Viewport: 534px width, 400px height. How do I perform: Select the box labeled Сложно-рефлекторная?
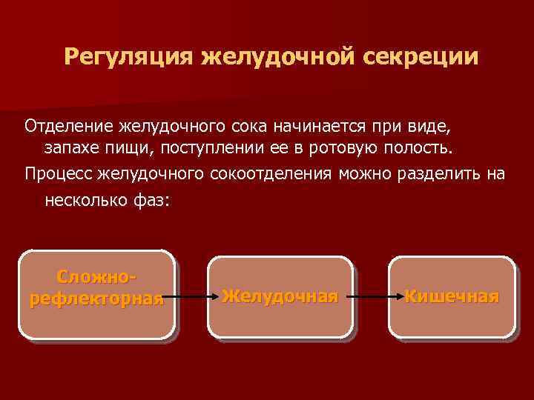[x=96, y=293]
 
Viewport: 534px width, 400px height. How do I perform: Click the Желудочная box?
[x=280, y=297]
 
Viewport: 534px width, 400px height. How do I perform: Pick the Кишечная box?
[x=451, y=297]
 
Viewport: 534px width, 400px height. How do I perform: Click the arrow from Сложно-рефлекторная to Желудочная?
[x=191, y=297]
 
